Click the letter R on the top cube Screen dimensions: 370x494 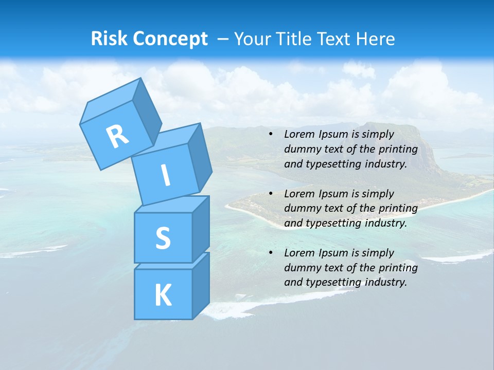117,136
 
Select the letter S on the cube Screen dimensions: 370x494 163,238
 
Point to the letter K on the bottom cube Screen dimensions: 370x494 163,295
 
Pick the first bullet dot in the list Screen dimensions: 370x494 271,134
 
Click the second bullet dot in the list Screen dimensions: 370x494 271,194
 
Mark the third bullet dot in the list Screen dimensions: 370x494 271,253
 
